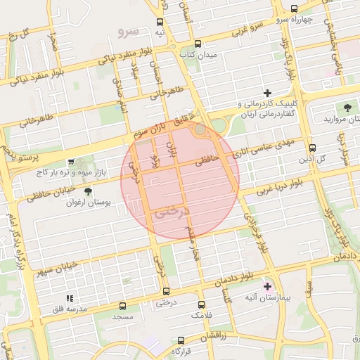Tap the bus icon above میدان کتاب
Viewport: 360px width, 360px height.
(x=198, y=43)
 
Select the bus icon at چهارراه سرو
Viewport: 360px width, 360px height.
(x=294, y=9)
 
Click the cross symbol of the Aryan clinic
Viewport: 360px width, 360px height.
(x=267, y=93)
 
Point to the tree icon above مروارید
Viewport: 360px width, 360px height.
(x=347, y=108)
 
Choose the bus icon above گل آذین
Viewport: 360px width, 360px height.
(x=313, y=148)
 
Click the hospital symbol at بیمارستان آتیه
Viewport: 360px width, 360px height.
(x=267, y=286)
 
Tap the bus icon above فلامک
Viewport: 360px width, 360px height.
(x=202, y=305)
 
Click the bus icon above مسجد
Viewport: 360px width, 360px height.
(x=123, y=307)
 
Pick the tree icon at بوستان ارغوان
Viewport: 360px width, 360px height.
(x=87, y=191)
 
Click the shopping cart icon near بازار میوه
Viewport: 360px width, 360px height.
(x=70, y=162)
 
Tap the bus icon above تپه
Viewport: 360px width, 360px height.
(x=161, y=22)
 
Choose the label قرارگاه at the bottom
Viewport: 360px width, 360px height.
(x=181, y=351)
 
